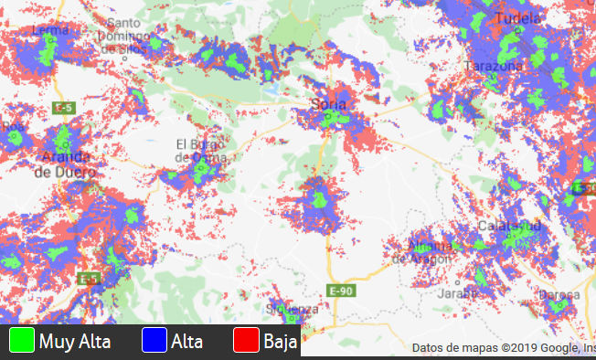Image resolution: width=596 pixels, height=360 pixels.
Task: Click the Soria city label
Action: click(329, 104)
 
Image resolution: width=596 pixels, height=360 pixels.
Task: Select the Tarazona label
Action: click(494, 67)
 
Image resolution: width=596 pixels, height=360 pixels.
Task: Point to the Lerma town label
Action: click(49, 30)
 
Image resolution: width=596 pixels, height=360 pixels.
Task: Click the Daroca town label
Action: click(559, 295)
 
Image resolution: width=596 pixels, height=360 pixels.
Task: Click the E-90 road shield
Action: click(340, 291)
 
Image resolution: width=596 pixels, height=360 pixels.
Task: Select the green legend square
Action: click(21, 340)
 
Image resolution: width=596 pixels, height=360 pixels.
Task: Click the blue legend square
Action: click(154, 340)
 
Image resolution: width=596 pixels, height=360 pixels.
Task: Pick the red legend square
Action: click(247, 340)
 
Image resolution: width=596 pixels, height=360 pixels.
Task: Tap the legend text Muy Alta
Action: click(75, 343)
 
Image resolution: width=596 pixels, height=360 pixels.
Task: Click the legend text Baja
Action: click(281, 343)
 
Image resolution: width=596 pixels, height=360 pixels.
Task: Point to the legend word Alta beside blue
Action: click(186, 343)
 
